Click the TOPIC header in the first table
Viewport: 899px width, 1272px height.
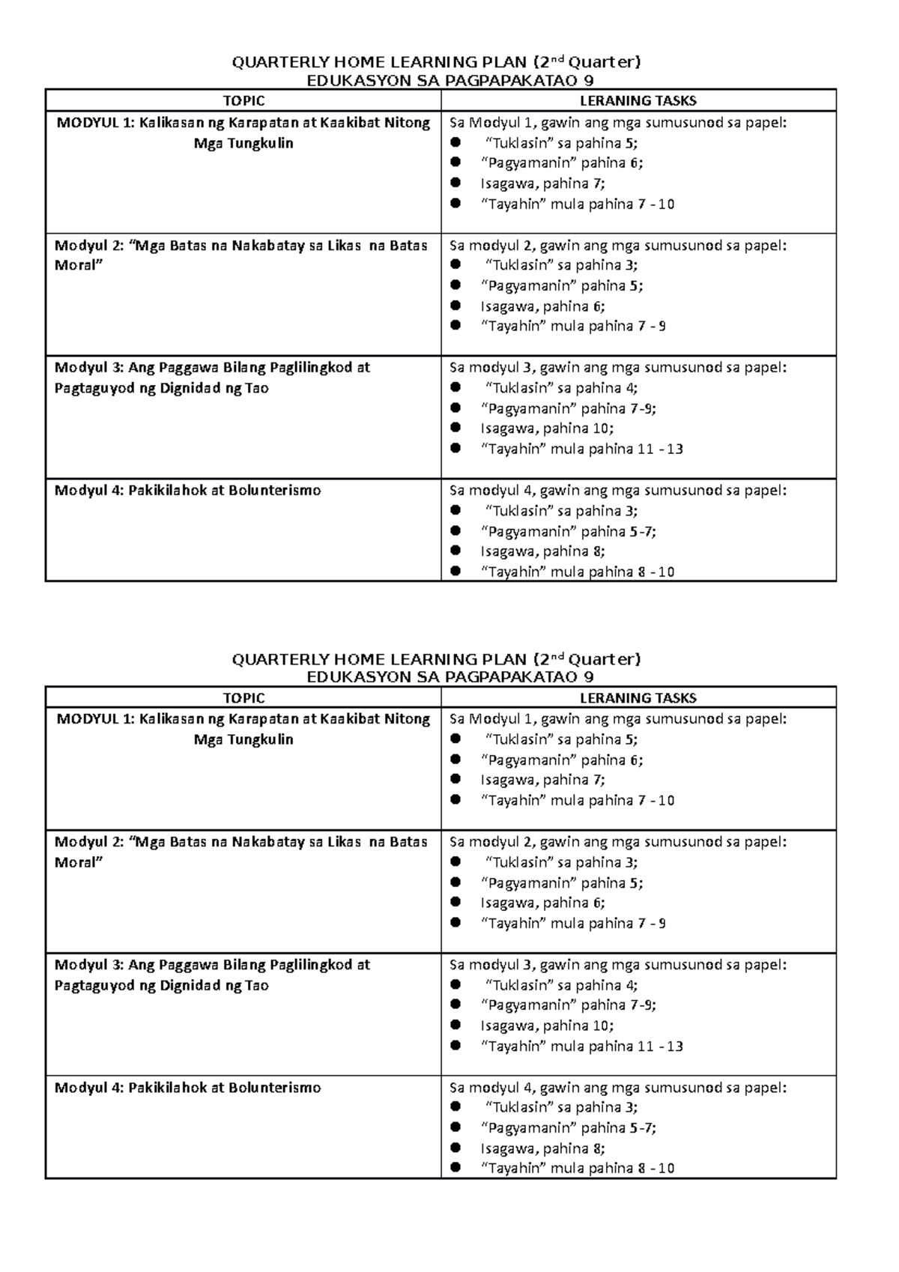(243, 100)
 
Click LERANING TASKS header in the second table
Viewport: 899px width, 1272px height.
(638, 697)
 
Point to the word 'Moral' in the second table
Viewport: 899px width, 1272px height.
(75, 861)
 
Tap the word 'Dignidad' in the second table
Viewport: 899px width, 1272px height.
(190, 985)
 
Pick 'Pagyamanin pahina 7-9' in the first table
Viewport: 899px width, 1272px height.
(569, 408)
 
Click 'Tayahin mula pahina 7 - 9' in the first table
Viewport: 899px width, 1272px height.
(573, 326)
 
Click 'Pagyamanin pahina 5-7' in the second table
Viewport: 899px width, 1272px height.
(569, 1127)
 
